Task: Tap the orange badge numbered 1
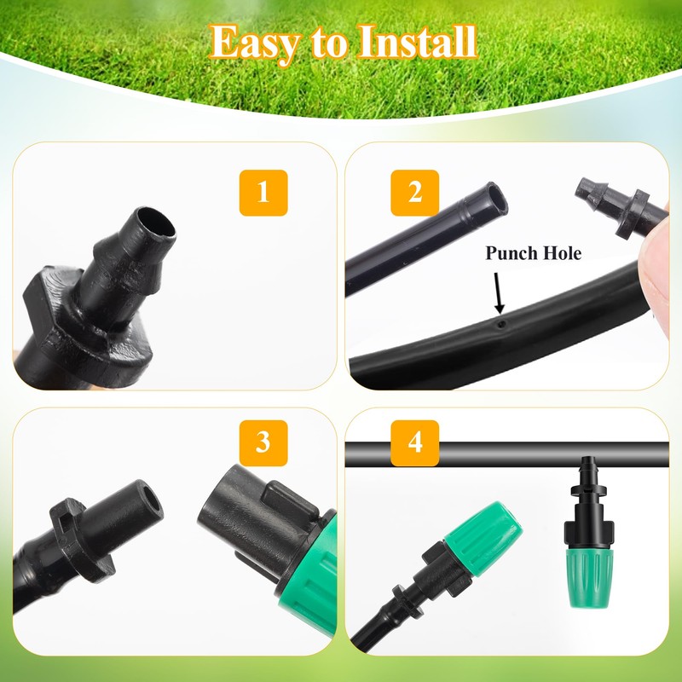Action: click(x=263, y=193)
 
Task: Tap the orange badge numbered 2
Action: click(x=415, y=193)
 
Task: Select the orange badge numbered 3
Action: click(x=263, y=442)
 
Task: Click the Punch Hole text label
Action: click(x=534, y=253)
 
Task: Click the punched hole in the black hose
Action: click(x=502, y=325)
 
